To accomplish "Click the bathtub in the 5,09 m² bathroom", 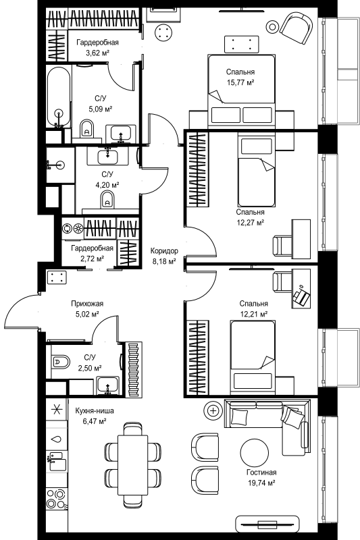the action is point(59,97).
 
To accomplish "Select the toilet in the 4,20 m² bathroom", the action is point(108,200).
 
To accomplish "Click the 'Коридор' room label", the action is point(164,250).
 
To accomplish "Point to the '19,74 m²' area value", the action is point(261,483).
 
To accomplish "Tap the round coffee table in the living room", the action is point(254,453).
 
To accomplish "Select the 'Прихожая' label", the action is point(87,304).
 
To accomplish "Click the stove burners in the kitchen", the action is point(56,498).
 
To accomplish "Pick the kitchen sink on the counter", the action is point(56,462).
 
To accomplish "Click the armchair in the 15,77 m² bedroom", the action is point(297,28).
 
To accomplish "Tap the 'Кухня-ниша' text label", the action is point(95,410).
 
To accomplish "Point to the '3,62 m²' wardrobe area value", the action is point(97,53).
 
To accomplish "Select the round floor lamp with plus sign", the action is point(213,410).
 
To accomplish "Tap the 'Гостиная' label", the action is point(261,473).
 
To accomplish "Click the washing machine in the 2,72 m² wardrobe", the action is point(73,227).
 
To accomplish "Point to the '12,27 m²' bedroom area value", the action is point(250,223).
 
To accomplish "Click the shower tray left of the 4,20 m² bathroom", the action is point(60,165).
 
